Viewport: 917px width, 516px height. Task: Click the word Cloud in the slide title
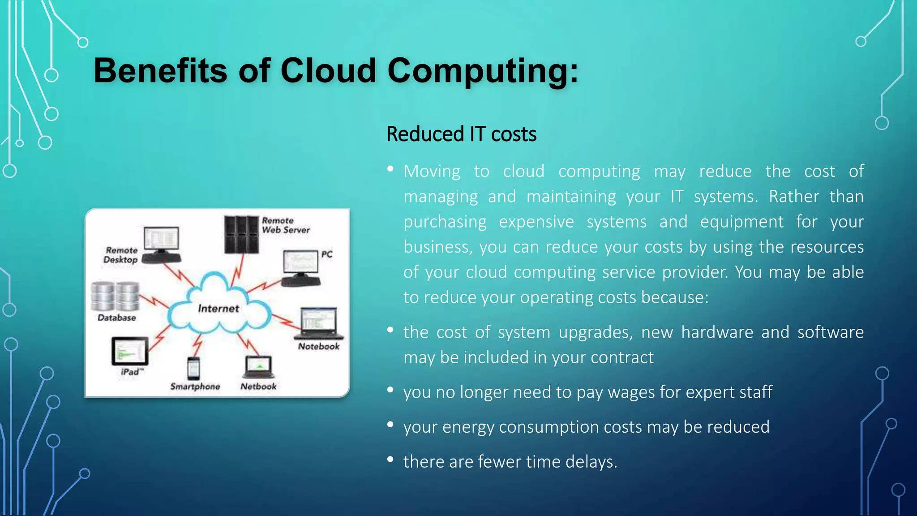point(328,71)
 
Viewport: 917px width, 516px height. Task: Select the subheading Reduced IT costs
point(461,134)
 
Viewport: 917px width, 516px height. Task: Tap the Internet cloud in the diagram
point(219,308)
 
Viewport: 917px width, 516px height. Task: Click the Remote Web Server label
point(285,225)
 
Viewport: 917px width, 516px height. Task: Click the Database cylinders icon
point(116,296)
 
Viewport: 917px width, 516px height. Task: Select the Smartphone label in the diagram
point(195,387)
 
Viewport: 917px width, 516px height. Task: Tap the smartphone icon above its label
point(193,368)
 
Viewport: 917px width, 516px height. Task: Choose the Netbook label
point(258,387)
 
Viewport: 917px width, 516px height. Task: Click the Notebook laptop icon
point(319,323)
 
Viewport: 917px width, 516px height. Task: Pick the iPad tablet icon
point(130,351)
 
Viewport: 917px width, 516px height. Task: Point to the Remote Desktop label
point(121,255)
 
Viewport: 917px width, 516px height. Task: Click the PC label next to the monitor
point(327,254)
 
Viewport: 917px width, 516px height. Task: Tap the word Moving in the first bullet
point(432,172)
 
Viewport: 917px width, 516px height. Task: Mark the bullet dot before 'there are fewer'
point(390,459)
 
